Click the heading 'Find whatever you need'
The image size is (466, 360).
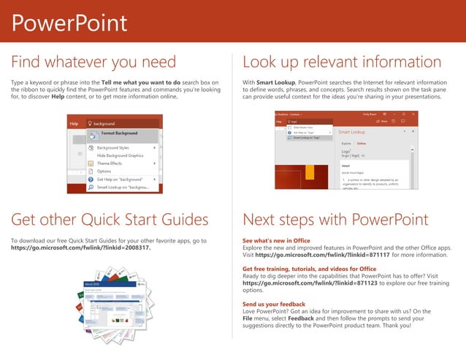tap(93, 61)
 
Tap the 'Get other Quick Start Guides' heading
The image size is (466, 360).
tap(110, 219)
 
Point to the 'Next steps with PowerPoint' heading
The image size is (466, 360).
tap(335, 219)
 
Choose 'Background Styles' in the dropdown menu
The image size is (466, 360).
tap(112, 148)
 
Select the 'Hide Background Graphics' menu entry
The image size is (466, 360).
tap(121, 156)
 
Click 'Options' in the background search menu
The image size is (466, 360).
tap(104, 172)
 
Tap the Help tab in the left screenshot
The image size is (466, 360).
tap(74, 124)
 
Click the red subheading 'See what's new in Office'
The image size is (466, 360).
tap(276, 240)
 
